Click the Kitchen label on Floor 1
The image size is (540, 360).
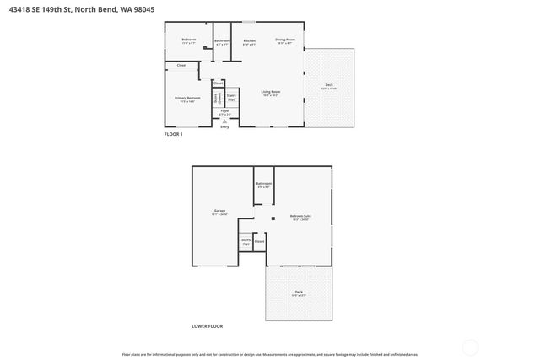point(249,41)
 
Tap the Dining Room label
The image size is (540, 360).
point(285,40)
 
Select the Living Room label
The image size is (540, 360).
point(270,92)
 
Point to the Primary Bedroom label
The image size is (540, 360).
point(187,99)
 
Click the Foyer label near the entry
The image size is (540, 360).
point(224,111)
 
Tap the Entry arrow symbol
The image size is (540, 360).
point(224,121)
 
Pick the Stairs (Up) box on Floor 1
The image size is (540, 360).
point(231,98)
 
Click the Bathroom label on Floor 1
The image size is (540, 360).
point(222,41)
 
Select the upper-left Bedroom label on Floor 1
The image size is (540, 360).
point(189,40)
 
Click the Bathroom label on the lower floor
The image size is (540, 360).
point(263,184)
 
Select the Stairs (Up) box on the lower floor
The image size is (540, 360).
point(246,242)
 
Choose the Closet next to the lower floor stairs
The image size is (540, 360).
point(259,242)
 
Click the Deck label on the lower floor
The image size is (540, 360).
point(299,293)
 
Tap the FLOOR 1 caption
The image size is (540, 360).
point(173,134)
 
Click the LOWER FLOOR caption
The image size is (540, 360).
point(207,325)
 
